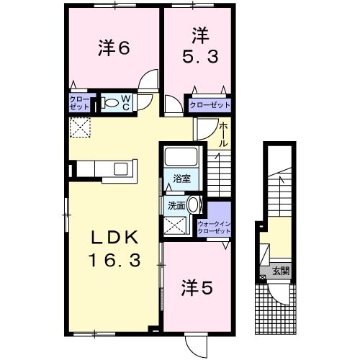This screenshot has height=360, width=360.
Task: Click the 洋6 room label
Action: [113, 48]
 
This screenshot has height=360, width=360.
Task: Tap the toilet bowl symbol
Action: [111, 103]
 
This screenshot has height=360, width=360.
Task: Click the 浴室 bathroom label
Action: [181, 179]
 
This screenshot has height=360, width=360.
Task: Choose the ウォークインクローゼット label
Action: [214, 228]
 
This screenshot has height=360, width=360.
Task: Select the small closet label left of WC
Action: [79, 102]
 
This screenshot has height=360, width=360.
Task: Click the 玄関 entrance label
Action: [281, 271]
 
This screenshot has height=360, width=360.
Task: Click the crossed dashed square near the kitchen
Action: [78, 127]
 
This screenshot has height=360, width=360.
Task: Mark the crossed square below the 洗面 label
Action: [175, 225]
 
